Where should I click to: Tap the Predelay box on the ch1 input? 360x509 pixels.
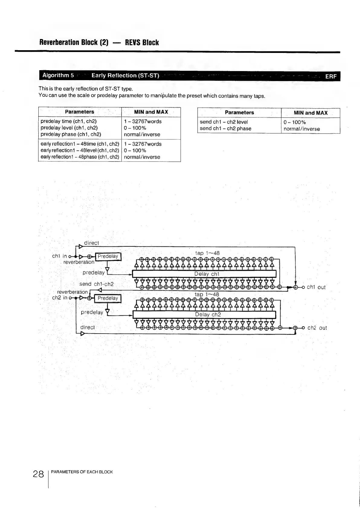108,256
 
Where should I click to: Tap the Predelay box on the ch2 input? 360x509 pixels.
108,298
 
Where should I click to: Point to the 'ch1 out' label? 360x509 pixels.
316,287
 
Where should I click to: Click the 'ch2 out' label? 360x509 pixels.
317,328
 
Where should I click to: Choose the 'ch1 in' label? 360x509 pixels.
60,256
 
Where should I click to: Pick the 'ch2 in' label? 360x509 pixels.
60,298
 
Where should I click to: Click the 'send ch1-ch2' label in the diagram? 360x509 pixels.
96,284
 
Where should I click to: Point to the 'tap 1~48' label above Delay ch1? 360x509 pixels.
207,253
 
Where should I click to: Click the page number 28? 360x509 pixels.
38,474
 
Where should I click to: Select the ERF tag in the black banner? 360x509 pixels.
331,77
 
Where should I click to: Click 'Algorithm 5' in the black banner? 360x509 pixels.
58,75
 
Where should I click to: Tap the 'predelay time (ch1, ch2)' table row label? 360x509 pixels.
69,122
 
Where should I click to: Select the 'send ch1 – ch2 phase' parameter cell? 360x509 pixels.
225,129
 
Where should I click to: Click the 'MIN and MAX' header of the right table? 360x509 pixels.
310,113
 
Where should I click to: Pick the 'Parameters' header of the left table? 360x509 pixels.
79,112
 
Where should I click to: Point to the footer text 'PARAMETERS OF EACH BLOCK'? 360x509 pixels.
82,472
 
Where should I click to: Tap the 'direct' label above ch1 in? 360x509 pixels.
91,243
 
